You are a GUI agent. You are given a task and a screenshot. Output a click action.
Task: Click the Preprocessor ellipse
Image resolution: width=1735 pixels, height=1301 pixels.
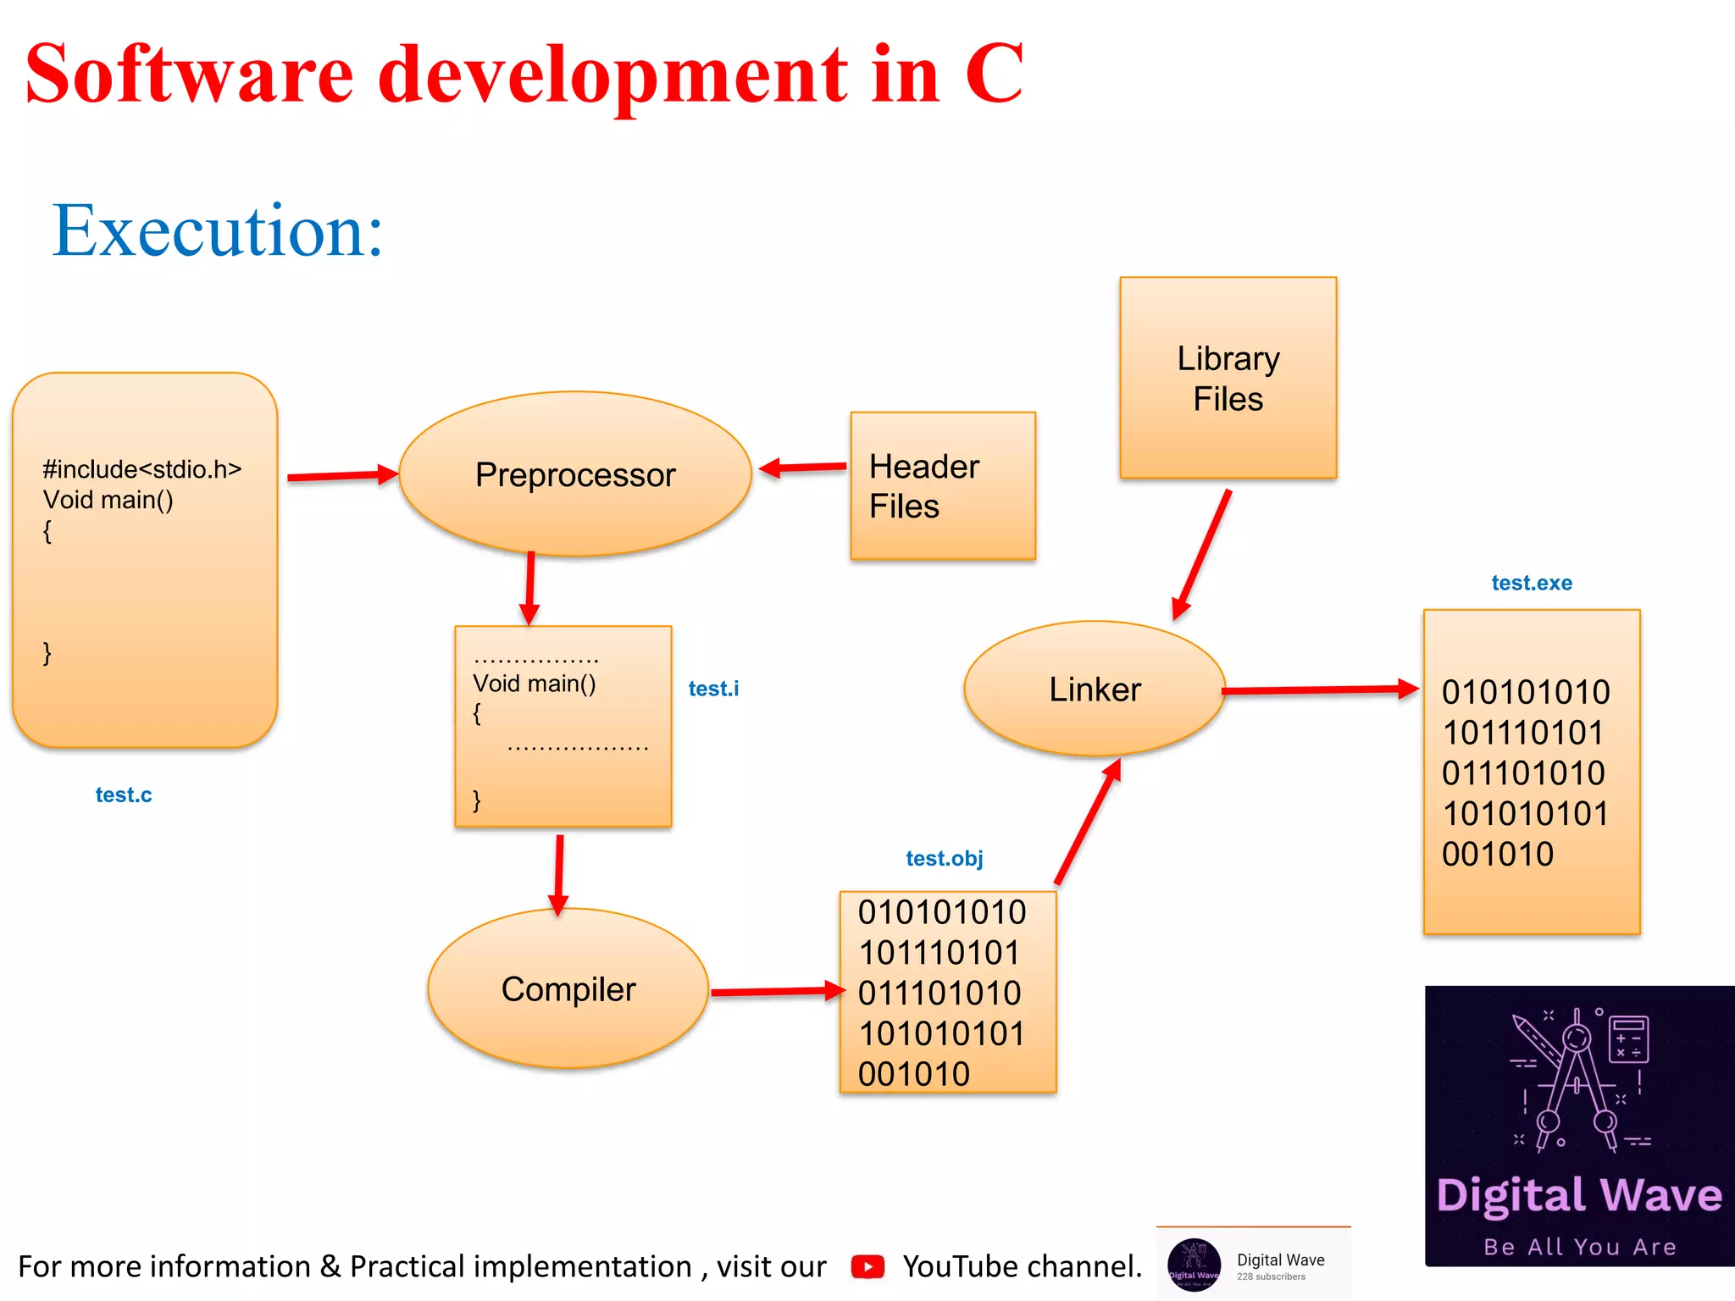pyautogui.click(x=575, y=474)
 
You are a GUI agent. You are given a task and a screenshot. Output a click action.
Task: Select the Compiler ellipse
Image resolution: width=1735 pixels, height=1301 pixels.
pyautogui.click(x=568, y=988)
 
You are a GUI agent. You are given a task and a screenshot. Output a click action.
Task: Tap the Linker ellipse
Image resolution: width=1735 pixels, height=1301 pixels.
pyautogui.click(x=1095, y=689)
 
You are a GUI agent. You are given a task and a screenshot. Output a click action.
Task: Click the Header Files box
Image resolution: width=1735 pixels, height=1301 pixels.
pyautogui.click(x=942, y=486)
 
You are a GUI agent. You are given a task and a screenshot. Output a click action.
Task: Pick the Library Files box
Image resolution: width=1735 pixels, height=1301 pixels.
pyautogui.click(x=1228, y=378)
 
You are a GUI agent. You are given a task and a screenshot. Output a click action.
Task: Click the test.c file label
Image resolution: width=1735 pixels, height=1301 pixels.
pyautogui.click(x=124, y=794)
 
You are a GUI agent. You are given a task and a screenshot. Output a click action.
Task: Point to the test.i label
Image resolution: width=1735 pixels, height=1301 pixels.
pyautogui.click(x=713, y=689)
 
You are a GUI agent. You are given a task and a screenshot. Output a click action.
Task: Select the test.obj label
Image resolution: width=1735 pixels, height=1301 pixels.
pyautogui.click(x=945, y=858)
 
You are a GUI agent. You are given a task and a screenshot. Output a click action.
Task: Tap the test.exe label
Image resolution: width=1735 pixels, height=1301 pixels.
pyautogui.click(x=1531, y=583)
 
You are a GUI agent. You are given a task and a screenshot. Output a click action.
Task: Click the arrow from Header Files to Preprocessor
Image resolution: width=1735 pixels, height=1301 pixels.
pyautogui.click(x=803, y=467)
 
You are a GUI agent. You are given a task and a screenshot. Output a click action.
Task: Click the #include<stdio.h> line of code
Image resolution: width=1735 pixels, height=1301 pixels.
pyautogui.click(x=142, y=469)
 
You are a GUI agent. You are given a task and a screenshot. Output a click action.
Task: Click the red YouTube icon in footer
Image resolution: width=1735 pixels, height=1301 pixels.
pyautogui.click(x=867, y=1266)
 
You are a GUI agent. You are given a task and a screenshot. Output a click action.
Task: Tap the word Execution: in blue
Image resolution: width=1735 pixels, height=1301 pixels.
pyautogui.click(x=218, y=230)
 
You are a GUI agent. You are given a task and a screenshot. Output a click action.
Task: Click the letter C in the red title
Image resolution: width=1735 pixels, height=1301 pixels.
pyautogui.click(x=994, y=75)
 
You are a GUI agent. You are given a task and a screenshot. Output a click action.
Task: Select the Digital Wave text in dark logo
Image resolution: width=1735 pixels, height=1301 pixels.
pyautogui.click(x=1579, y=1195)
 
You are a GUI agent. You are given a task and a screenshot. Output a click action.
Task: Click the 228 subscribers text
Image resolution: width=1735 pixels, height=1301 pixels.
pyautogui.click(x=1271, y=1276)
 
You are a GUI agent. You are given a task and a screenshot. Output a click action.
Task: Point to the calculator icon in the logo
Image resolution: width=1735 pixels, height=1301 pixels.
pyautogui.click(x=1627, y=1038)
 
